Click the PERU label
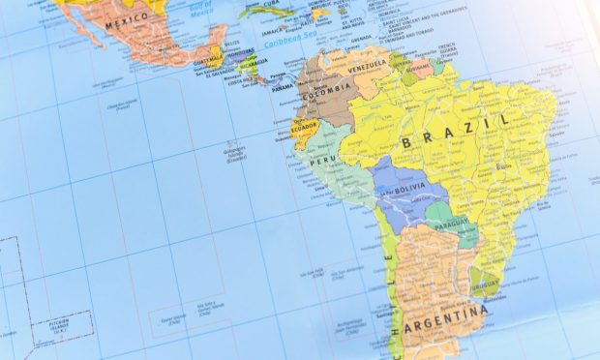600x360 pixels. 322,164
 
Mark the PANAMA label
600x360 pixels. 283,88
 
